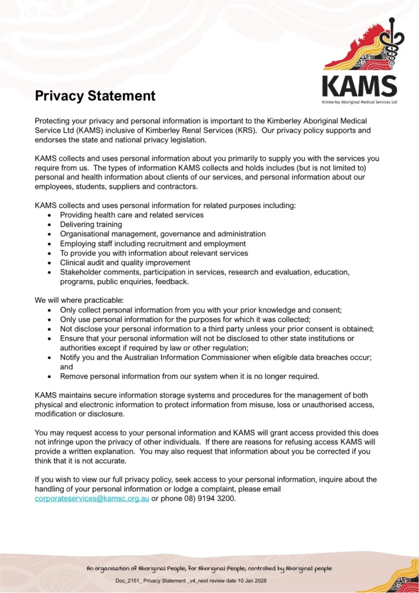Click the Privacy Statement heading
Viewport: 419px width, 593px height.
(95, 96)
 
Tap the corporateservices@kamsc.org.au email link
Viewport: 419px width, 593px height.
(91, 499)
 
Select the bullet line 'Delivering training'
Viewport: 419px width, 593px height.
(91, 224)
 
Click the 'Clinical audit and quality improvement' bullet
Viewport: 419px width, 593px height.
(125, 262)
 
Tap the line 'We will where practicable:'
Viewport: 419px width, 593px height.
(79, 300)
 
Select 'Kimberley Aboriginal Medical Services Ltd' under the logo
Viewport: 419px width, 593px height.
(359, 102)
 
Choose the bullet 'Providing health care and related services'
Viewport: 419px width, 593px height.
(132, 215)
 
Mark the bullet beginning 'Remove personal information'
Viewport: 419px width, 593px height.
(189, 376)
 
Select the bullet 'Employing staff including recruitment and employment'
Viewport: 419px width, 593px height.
(153, 243)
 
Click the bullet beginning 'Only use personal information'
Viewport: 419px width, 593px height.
(185, 319)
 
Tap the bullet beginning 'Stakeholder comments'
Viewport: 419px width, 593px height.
(204, 272)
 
